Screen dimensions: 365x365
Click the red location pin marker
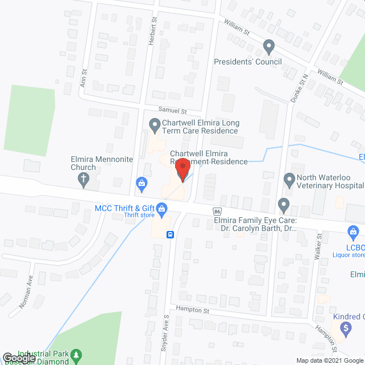tap(182, 169)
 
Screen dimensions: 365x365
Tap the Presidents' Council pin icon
tap(269, 46)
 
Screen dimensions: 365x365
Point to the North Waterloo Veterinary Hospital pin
tap(289, 181)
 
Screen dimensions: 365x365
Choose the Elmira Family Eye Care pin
tap(283, 204)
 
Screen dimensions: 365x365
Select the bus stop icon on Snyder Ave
tap(169, 234)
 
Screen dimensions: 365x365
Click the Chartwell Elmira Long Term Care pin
tap(153, 124)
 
